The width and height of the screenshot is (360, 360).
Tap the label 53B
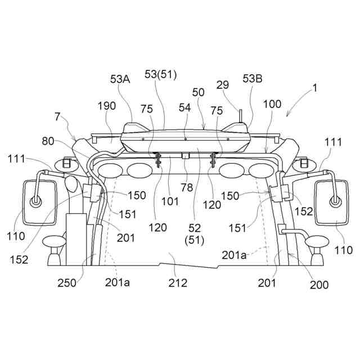coord(253,80)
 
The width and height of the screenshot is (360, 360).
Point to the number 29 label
coord(222,85)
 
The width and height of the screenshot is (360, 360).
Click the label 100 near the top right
coord(272,105)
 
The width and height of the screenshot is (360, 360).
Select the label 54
coord(185,106)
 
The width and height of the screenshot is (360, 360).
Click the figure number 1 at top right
coord(315,88)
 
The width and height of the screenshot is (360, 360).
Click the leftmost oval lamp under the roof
coord(111,170)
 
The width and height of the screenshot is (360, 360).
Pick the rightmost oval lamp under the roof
coord(263,170)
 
